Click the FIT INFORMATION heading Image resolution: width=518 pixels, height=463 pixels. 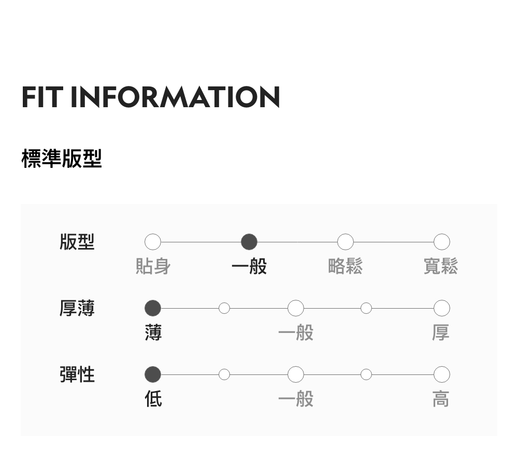151,97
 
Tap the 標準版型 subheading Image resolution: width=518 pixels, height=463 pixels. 62,158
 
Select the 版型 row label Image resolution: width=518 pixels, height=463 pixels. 77,242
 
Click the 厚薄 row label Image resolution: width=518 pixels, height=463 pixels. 77,308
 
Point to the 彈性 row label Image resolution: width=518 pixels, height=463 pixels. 77,374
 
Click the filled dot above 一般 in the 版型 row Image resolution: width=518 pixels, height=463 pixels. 249,242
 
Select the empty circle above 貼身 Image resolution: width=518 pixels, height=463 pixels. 153,242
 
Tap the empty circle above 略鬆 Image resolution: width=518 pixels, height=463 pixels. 346,242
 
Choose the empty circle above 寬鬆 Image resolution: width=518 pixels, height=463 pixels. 441,242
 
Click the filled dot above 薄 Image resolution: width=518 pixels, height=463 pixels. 153,308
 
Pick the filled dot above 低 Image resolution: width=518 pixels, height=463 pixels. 153,374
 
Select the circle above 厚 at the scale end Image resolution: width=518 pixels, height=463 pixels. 441,308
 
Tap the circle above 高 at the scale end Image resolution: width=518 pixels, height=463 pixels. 441,374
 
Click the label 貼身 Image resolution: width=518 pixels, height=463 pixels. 153,267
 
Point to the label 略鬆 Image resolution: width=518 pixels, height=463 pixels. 346,267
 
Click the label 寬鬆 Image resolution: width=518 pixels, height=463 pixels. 441,267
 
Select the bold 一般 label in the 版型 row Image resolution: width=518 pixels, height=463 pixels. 249,267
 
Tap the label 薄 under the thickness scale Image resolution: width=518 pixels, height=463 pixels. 153,333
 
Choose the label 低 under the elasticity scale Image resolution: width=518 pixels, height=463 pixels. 153,399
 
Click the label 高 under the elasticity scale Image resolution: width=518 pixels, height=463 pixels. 441,399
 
